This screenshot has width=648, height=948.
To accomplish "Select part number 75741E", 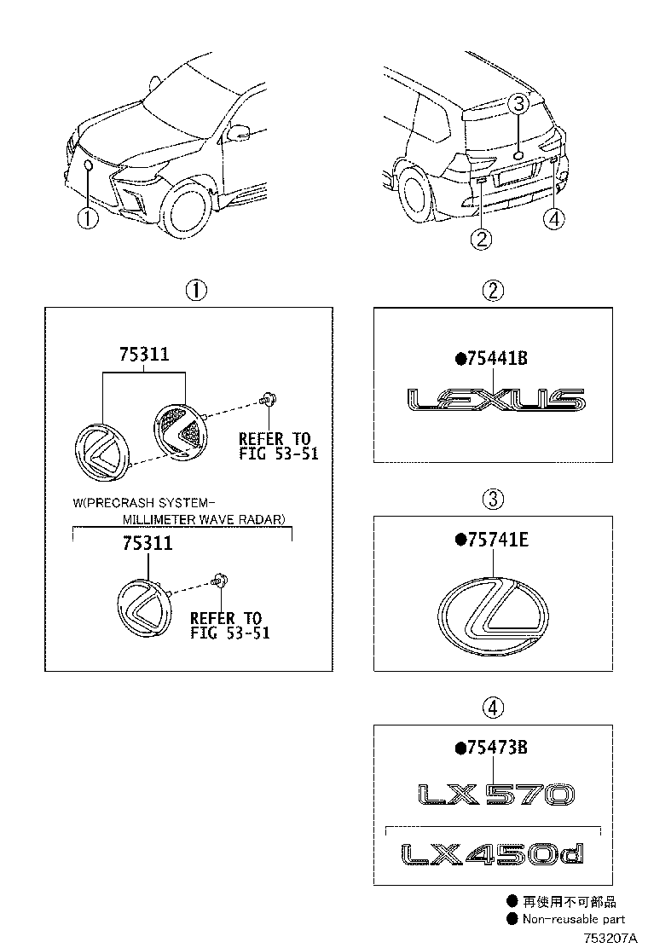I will tap(497, 540).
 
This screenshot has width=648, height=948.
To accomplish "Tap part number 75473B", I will tap(497, 748).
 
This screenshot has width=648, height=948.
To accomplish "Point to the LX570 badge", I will tap(495, 795).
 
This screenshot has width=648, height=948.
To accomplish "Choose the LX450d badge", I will tap(494, 853).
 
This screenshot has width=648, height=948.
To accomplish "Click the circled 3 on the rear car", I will tap(519, 106).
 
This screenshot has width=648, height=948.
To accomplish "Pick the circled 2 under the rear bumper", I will tap(482, 239).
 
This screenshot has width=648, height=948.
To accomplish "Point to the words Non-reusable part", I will tap(574, 919).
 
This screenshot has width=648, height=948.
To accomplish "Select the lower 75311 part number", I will tap(147, 544).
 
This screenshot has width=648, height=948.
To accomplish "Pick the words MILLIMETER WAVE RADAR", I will tap(204, 518).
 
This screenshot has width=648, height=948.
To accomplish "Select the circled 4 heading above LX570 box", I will tap(493, 707).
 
